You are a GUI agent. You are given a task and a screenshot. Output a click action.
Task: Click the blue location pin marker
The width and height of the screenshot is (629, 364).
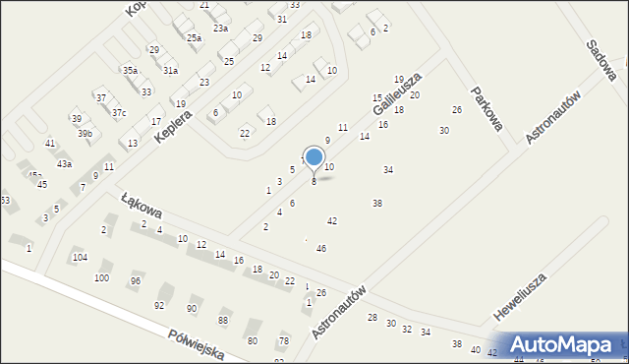click(314, 157)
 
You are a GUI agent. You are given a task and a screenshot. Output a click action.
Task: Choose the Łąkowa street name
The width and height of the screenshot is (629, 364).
click(140, 203)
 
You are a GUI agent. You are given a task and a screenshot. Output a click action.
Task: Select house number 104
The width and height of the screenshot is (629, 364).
click(80, 258)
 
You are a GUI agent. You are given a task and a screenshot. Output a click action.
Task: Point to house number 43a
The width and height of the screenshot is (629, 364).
click(64, 164)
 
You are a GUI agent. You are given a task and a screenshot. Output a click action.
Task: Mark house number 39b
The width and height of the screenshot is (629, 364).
click(86, 134)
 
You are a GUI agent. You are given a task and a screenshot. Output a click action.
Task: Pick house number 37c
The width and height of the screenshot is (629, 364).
click(118, 113)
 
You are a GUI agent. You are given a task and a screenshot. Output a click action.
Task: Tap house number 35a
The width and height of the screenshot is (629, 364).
click(130, 71)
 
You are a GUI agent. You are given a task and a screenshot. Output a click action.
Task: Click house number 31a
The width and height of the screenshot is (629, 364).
click(170, 71)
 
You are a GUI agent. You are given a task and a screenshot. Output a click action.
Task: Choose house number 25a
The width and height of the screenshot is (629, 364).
click(195, 38)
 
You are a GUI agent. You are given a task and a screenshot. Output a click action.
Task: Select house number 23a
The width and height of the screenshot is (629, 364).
click(220, 29)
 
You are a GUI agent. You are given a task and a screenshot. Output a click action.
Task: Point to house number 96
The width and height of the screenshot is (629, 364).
click(136, 281)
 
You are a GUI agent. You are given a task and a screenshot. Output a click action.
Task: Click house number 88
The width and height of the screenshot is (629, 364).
click(223, 321)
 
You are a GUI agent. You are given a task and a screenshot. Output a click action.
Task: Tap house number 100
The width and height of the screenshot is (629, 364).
click(101, 278)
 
